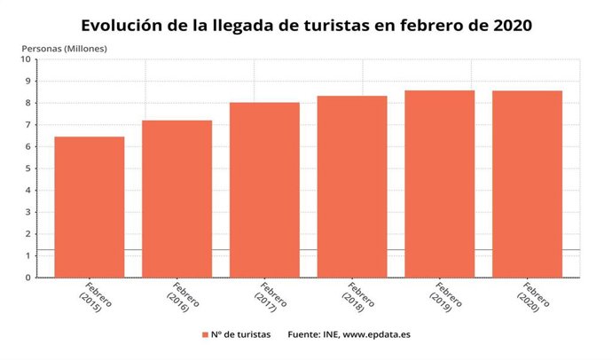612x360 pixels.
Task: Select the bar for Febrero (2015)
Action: pyautogui.click(x=89, y=207)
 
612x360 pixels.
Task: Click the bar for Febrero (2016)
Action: pyautogui.click(x=177, y=199)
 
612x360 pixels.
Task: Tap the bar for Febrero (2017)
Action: pyautogui.click(x=264, y=190)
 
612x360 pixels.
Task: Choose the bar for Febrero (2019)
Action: pyautogui.click(x=440, y=184)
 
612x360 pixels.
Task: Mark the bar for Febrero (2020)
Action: pyautogui.click(x=527, y=184)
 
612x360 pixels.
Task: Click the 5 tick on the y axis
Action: pyautogui.click(x=27, y=168)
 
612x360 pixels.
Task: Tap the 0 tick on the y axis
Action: pyautogui.click(x=27, y=278)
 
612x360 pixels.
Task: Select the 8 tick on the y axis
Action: pyautogui.click(x=27, y=103)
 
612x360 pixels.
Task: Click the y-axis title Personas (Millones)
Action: pyautogui.click(x=64, y=47)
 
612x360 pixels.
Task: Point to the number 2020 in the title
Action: pyautogui.click(x=510, y=25)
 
